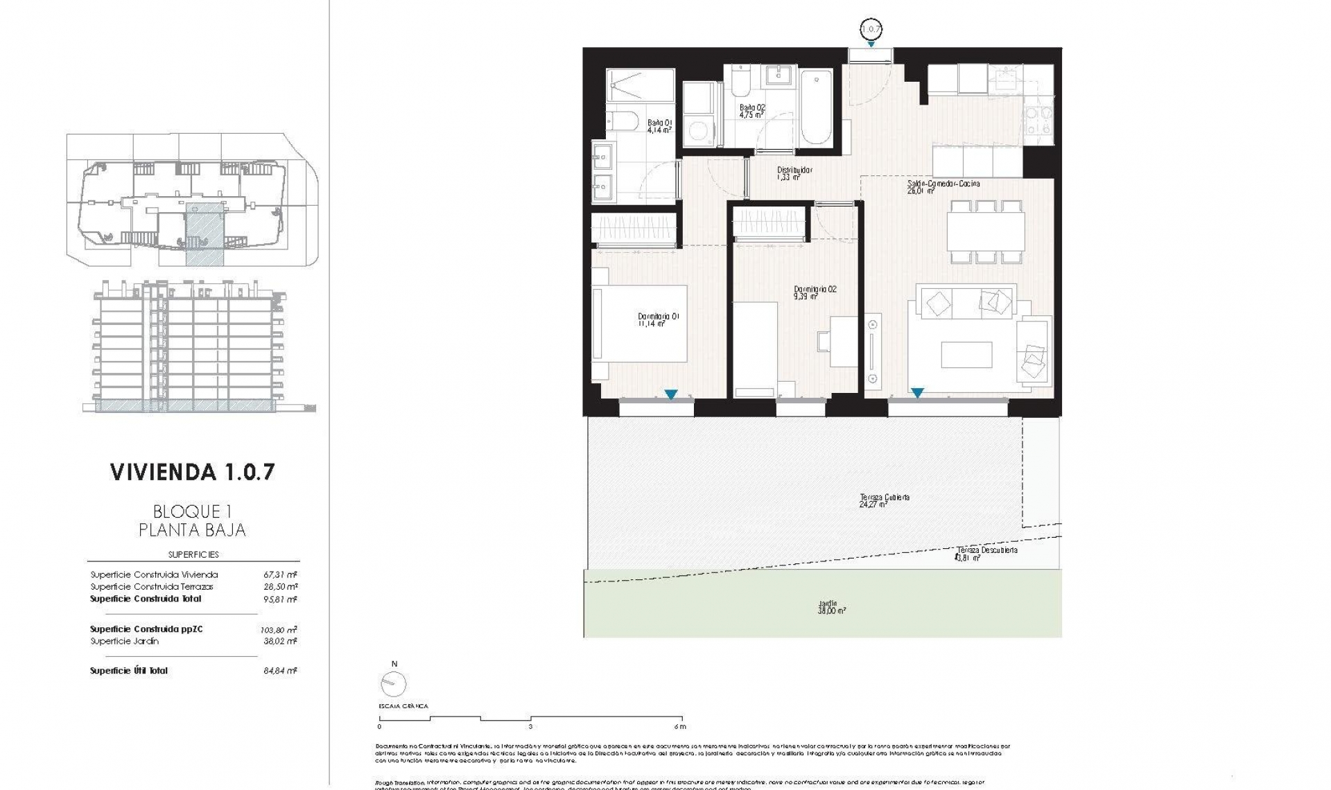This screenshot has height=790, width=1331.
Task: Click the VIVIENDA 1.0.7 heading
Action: click(x=193, y=472)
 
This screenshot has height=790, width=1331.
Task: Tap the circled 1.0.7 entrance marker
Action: click(x=870, y=29)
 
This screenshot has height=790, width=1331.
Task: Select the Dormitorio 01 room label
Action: click(x=658, y=319)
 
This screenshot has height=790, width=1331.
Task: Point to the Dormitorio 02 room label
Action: click(x=815, y=292)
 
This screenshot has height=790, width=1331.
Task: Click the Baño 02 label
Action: click(x=751, y=111)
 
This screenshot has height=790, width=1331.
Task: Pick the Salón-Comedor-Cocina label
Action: click(x=943, y=186)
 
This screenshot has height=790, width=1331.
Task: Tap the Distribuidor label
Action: click(x=794, y=173)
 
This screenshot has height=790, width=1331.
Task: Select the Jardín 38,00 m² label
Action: click(x=831, y=607)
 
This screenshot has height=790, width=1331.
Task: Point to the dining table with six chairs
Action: click(x=986, y=232)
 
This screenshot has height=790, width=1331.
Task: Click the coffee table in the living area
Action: click(x=966, y=355)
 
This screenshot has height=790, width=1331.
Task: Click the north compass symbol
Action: click(x=393, y=684)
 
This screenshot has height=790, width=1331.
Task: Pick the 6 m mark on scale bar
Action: click(x=682, y=726)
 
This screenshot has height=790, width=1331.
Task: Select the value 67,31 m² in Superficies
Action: click(x=280, y=574)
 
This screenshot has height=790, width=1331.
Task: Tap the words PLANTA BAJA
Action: click(x=192, y=530)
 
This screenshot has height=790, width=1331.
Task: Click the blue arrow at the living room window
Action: click(x=917, y=393)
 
